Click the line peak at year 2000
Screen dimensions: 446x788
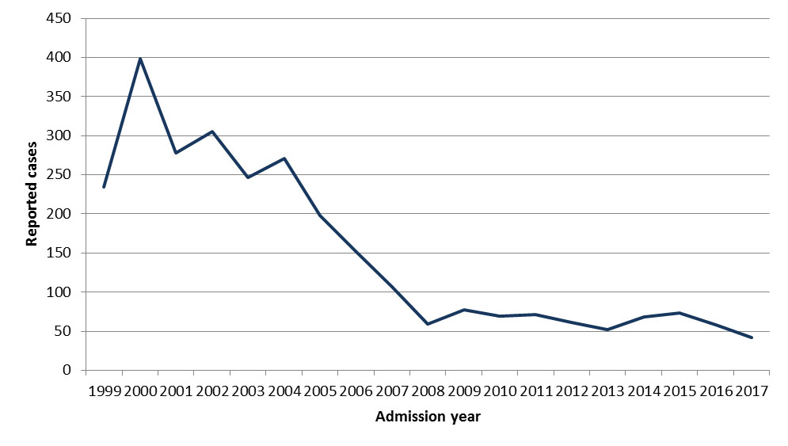[140, 59]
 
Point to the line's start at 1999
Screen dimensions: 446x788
[104, 187]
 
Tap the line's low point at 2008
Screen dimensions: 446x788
[428, 324]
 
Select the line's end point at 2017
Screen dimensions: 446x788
[752, 337]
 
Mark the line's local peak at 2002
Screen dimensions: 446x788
[212, 132]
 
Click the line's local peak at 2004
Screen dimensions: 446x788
[284, 158]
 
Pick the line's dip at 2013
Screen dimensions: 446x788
[607, 330]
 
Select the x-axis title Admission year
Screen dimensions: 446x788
[428, 417]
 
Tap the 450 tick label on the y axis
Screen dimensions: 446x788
[60, 18]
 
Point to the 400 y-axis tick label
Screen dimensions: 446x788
[60, 58]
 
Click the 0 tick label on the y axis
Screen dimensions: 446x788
[67, 371]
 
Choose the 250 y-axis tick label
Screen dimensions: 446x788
[60, 175]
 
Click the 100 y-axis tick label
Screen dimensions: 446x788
[60, 292]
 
